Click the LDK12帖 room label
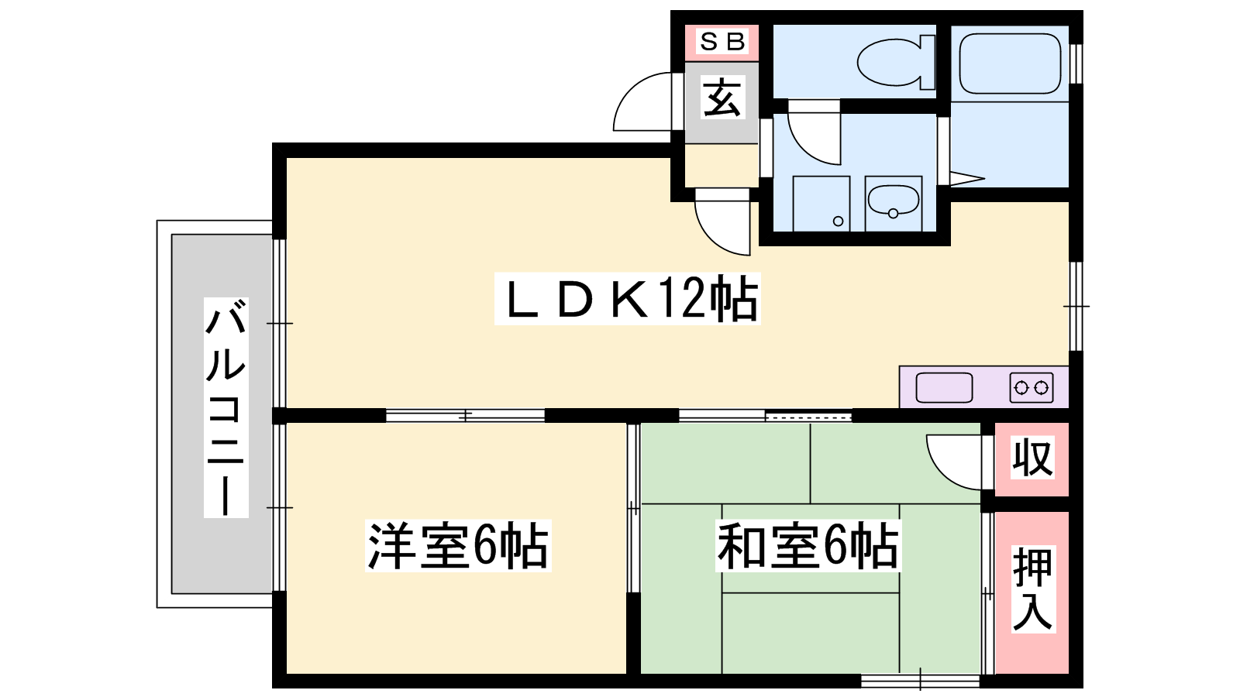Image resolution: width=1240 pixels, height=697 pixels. click(x=627, y=299)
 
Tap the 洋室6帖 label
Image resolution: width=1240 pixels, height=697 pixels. click(x=458, y=545)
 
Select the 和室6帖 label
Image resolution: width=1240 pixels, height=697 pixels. click(x=808, y=545)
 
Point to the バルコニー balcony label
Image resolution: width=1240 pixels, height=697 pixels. click(x=226, y=407)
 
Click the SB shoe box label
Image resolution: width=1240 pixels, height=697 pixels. click(x=722, y=42)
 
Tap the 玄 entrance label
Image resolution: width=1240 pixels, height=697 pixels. click(x=722, y=97)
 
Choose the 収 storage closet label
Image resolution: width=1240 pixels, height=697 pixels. click(x=1032, y=458)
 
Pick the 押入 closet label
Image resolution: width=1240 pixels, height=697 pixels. click(x=1032, y=589)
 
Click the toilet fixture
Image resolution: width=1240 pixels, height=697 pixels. click(x=895, y=61)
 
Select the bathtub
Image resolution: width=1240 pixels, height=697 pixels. click(x=1010, y=64)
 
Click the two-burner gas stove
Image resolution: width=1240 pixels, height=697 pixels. click(x=1032, y=387)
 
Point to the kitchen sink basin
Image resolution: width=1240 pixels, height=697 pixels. click(x=945, y=387)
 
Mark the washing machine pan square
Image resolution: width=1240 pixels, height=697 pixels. click(x=821, y=204)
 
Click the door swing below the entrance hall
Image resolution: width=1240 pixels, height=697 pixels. click(x=722, y=222)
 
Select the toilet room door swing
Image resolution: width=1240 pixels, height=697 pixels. click(x=814, y=132)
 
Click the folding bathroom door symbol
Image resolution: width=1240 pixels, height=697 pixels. click(x=963, y=178)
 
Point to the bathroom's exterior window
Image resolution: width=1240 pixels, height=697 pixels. click(x=1076, y=64)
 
